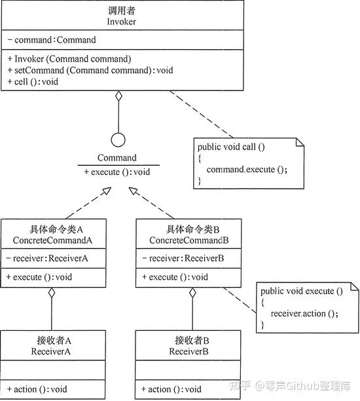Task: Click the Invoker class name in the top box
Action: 121,22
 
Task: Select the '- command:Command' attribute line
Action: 52,40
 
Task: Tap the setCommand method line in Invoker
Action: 90,70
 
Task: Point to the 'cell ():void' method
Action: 33,82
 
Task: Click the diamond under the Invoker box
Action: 118,96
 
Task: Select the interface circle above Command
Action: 118,140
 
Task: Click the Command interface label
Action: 117,157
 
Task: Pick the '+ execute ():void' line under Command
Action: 117,172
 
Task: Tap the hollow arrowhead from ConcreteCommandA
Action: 107,191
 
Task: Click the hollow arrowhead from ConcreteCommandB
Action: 134,191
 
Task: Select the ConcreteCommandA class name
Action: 52,240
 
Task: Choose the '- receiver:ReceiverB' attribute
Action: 183,258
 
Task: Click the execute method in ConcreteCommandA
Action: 39,277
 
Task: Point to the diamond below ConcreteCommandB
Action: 192,293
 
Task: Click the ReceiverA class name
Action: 50,352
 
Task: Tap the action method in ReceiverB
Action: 171,389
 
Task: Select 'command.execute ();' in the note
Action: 247,170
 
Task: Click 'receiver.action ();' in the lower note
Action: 304,314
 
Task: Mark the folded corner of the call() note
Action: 300,142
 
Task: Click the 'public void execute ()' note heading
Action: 302,291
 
